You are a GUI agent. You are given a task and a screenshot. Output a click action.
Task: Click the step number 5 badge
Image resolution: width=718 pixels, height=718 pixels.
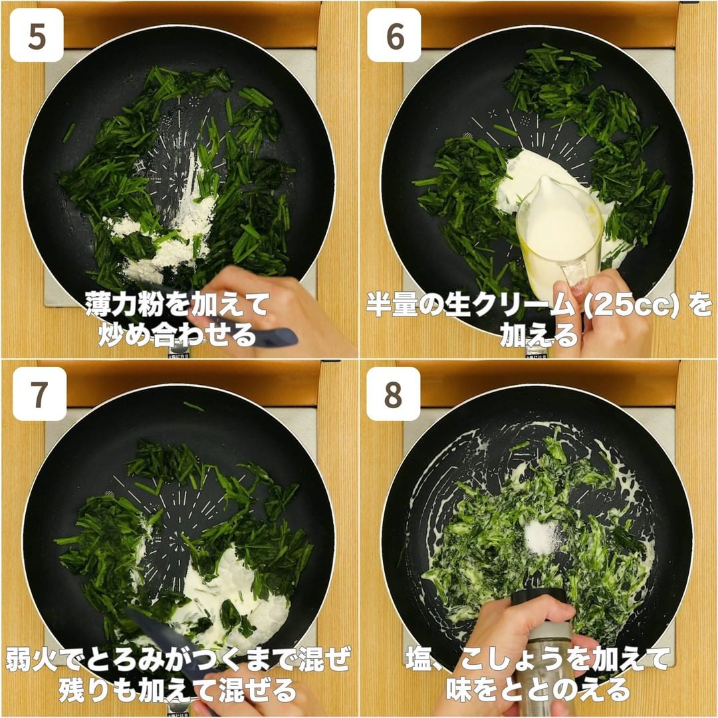pos(37,35)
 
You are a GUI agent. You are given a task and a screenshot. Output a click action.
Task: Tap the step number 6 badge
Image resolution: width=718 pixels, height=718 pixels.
pos(394,35)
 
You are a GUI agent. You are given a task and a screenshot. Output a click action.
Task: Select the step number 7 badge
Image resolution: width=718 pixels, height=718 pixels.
pos(39,394)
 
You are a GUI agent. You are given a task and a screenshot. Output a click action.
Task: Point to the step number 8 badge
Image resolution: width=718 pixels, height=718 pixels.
pos(394,394)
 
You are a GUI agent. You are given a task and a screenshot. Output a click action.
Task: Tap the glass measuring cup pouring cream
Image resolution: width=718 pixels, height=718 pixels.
pos(558,238)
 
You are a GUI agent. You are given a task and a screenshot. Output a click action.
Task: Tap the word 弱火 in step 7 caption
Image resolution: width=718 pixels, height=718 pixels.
pos(32,660)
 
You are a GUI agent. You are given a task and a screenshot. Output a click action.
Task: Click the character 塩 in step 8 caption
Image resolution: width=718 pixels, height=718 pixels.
pos(419,660)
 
